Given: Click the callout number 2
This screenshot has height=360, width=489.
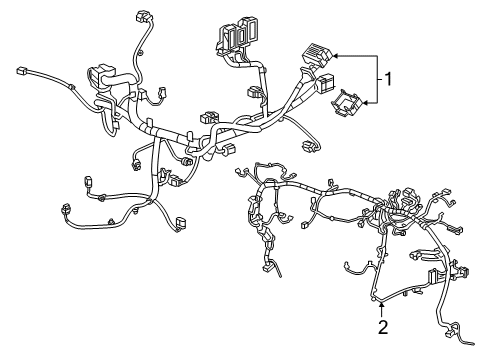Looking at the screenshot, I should click(383, 326).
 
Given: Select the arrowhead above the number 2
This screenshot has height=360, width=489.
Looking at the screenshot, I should click(382, 304).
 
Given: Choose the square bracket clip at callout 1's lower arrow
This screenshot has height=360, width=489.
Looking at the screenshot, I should click(346, 102).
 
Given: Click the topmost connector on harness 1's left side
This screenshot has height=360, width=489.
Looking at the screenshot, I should click(138, 21).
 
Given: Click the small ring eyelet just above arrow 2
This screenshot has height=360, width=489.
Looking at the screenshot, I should click(377, 298).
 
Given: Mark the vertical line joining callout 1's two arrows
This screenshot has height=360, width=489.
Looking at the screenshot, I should click(376, 77).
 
